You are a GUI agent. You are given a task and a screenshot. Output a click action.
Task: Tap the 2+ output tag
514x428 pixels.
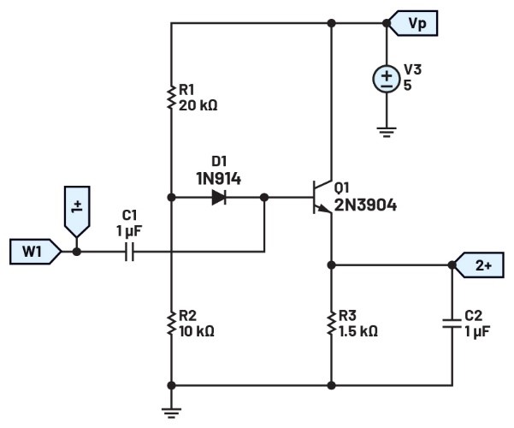pos(479,265)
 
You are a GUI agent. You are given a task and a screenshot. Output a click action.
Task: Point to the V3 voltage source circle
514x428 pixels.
pos(386,79)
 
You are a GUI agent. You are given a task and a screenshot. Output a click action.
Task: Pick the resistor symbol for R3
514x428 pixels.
pos(331,324)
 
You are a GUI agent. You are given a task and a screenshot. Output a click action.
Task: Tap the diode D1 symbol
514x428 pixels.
pos(219,198)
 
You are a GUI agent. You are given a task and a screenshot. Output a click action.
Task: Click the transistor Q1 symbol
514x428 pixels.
pos(322,198)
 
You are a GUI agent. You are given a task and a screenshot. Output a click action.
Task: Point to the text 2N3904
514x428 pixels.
pos(365,205)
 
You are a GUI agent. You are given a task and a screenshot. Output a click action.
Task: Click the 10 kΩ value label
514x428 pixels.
pos(197,332)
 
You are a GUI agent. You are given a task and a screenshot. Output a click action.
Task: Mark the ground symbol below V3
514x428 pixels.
pos(386,130)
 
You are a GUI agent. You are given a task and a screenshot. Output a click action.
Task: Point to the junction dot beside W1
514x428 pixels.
pos(77,252)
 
